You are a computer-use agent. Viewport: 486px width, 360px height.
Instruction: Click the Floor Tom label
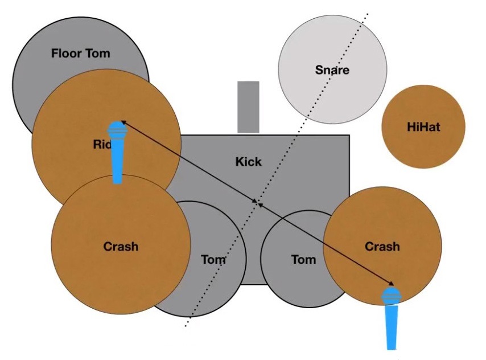80,54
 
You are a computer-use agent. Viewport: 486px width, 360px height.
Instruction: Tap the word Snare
332,71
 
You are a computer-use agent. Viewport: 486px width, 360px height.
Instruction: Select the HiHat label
423,127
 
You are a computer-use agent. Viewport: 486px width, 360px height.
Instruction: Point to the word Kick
249,162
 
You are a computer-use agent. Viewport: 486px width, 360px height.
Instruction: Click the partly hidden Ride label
101,145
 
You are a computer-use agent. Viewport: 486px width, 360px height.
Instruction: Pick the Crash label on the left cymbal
121,247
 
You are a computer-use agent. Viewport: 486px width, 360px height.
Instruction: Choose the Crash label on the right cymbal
382,247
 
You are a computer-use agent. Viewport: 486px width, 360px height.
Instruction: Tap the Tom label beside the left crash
213,260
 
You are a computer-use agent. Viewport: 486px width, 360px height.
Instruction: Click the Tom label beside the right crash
303,260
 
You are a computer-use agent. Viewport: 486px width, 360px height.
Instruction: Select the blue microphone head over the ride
117,130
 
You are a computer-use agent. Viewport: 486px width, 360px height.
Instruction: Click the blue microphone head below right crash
391,296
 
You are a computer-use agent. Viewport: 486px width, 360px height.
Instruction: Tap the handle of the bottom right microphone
392,327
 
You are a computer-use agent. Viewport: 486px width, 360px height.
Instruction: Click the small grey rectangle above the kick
248,107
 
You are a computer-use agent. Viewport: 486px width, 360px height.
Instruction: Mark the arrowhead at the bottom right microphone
392,284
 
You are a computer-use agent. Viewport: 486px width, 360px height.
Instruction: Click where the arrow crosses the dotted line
258,203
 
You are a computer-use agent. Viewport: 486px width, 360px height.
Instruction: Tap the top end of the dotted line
368,13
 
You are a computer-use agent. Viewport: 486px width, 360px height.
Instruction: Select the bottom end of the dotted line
186,327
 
